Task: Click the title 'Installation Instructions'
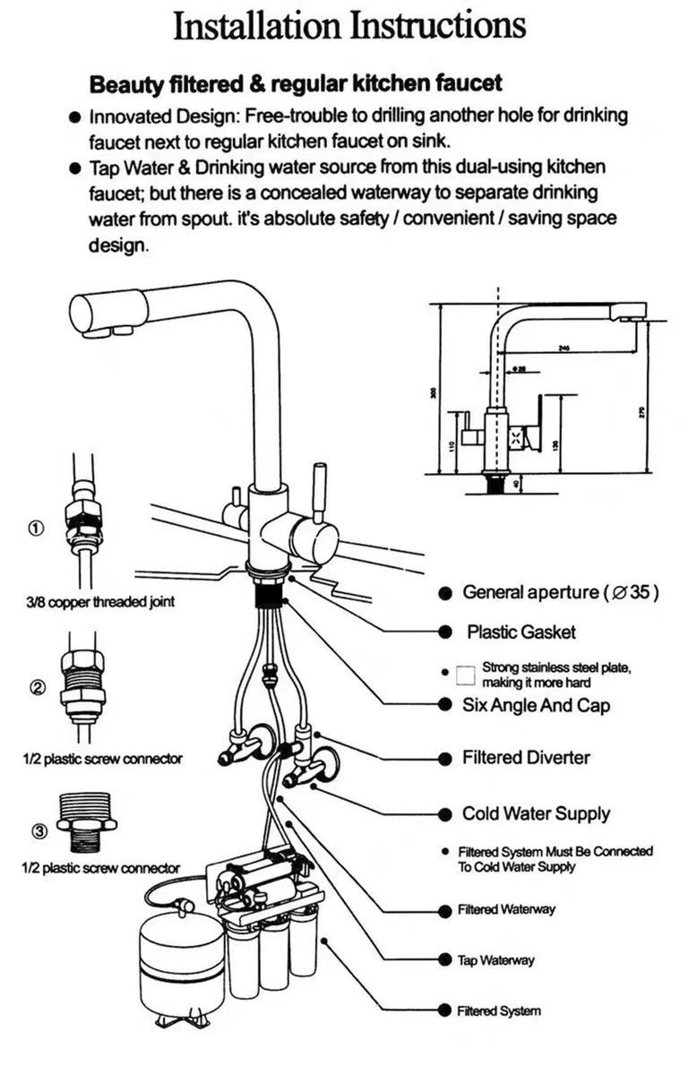point(348,28)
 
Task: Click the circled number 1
point(35,529)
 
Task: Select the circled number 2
point(38,688)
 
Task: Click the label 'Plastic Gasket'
point(520,632)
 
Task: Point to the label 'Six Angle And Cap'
point(536,705)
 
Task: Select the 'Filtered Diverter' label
point(526,758)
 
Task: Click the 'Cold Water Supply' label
point(536,814)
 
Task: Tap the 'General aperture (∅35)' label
point(561,592)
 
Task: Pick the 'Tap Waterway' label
point(495,960)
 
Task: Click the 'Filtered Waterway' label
point(506,909)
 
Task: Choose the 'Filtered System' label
point(499,1011)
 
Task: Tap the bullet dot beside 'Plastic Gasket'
point(444,632)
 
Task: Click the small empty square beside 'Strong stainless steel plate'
point(463,675)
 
